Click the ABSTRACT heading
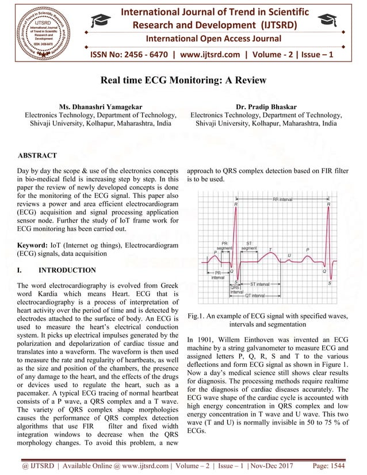point(37,156)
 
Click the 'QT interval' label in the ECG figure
point(255,295)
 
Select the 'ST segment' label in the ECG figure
point(249,246)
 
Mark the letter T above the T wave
point(270,250)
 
